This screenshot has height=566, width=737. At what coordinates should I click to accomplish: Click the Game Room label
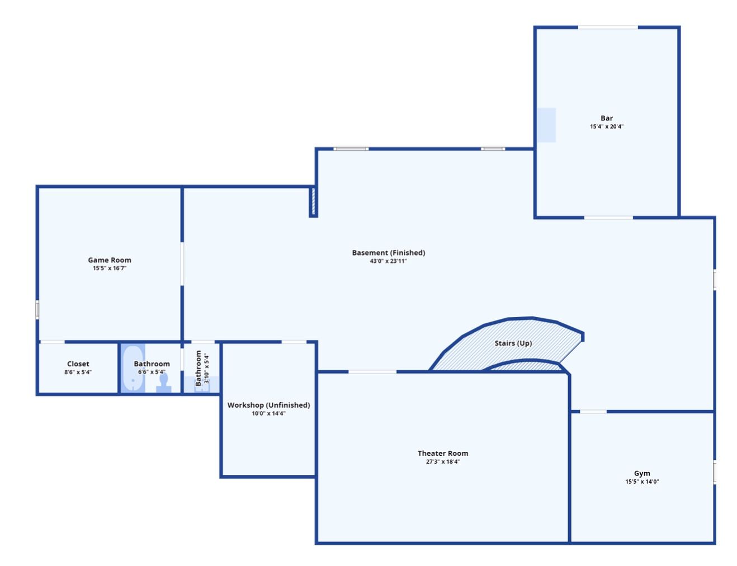[110, 260]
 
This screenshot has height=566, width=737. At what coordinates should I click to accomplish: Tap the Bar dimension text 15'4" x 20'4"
[607, 127]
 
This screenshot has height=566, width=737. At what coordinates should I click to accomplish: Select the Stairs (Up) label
[513, 343]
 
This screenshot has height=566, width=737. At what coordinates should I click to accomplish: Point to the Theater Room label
[443, 454]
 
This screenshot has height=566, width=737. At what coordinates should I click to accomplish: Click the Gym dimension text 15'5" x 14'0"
[642, 482]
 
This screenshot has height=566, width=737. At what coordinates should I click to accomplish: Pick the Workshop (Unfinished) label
[268, 405]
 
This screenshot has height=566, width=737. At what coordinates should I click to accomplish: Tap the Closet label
[78, 364]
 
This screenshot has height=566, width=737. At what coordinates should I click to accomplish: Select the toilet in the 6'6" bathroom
[164, 381]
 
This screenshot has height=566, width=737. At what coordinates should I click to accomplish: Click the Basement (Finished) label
[389, 253]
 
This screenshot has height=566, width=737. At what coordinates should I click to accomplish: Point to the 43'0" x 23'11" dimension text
[389, 261]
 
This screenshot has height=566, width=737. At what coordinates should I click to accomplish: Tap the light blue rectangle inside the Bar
[546, 125]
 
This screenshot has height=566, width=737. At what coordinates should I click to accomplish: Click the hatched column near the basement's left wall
[314, 202]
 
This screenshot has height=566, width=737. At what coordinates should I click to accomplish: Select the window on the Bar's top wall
[608, 27]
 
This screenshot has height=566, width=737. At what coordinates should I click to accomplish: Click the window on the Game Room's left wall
[37, 309]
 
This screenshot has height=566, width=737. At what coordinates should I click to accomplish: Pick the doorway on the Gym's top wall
[593, 412]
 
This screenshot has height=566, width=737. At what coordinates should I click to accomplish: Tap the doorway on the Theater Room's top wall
[372, 371]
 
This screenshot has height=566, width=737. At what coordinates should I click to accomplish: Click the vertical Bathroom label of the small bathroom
[199, 368]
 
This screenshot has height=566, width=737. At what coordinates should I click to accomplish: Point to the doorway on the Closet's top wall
[52, 342]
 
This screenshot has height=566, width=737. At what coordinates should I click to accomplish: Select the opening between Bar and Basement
[608, 218]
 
